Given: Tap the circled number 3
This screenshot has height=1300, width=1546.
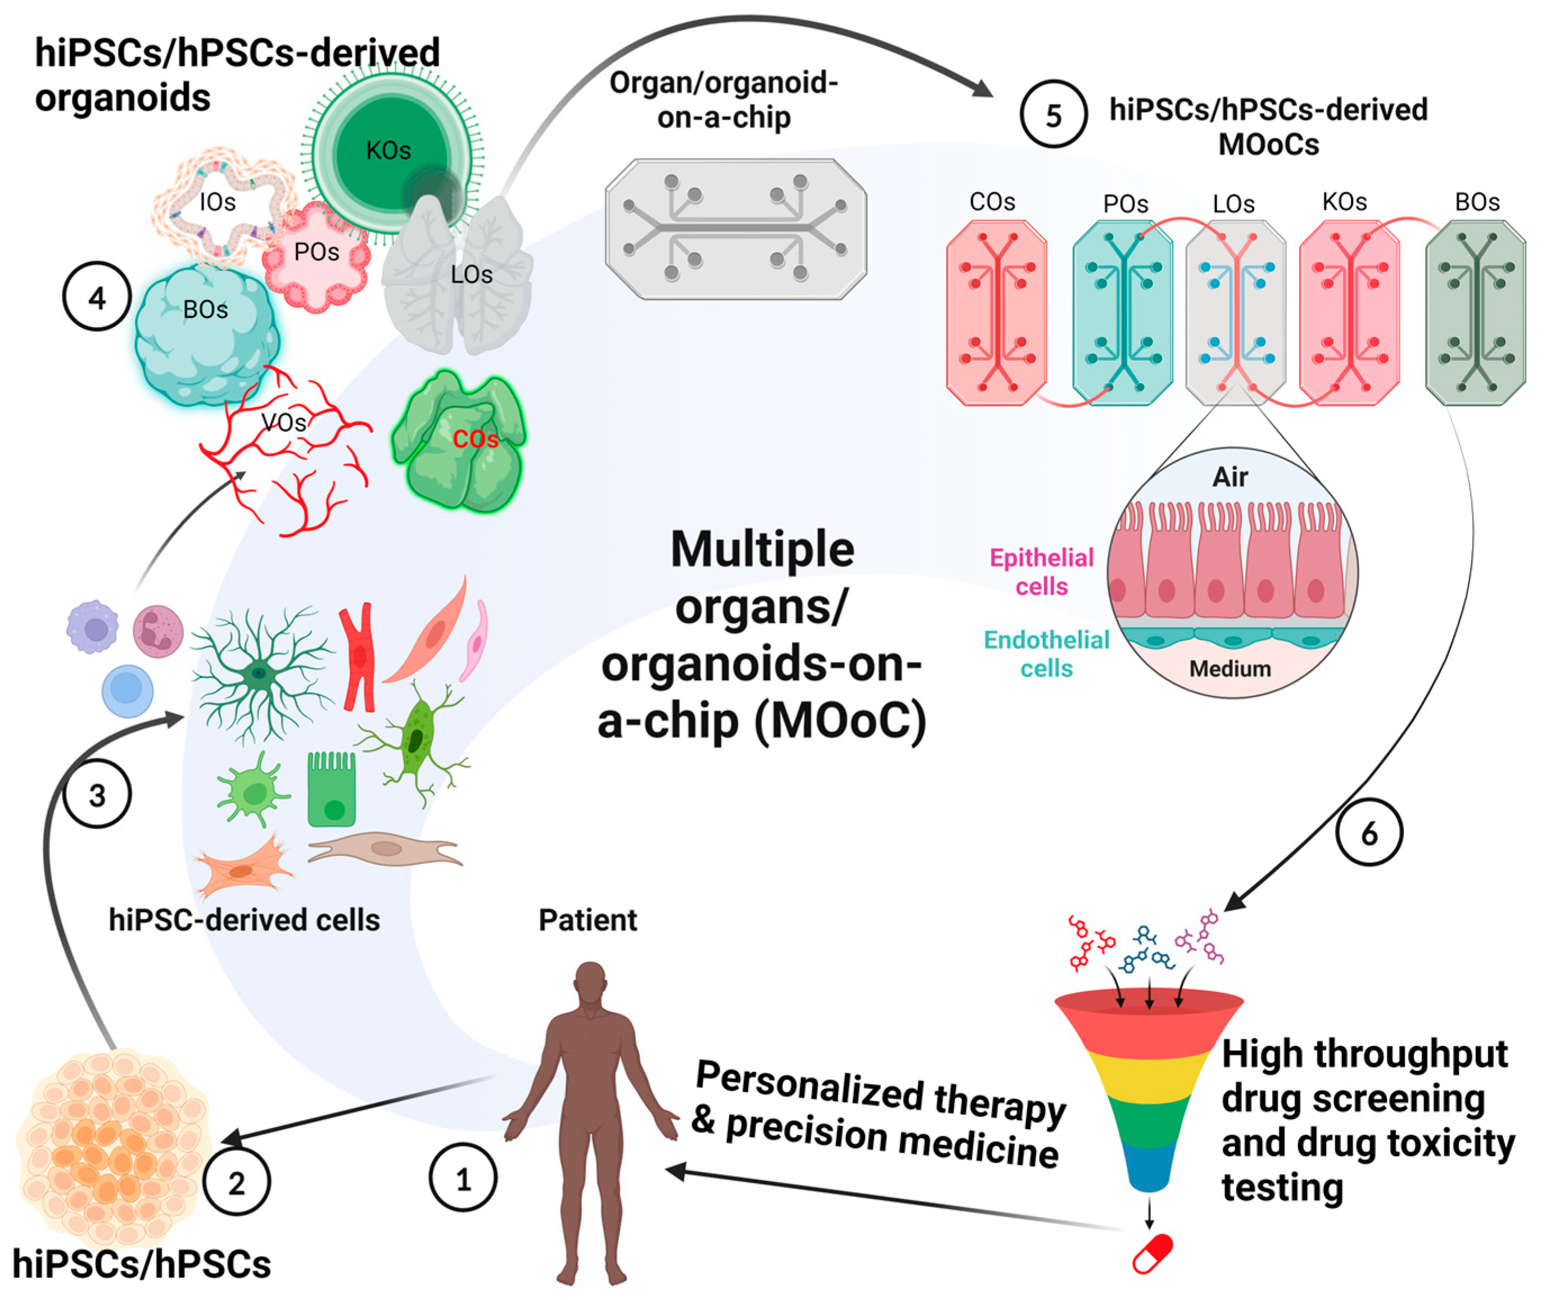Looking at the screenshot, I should tap(97, 795).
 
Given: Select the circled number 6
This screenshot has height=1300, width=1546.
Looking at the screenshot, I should tap(1369, 833).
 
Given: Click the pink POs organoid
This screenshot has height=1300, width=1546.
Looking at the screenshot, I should tap(317, 258).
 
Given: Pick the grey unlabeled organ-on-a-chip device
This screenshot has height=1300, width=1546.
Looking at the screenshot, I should tap(736, 229).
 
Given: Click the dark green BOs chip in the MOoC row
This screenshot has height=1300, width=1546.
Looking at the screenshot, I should tap(1475, 313).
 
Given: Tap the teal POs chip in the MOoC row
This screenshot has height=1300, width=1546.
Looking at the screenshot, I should tap(1122, 313).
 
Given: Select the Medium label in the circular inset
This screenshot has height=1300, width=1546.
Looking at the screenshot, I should tap(1229, 668).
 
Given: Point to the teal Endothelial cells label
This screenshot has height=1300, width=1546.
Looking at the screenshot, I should tap(1046, 654).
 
